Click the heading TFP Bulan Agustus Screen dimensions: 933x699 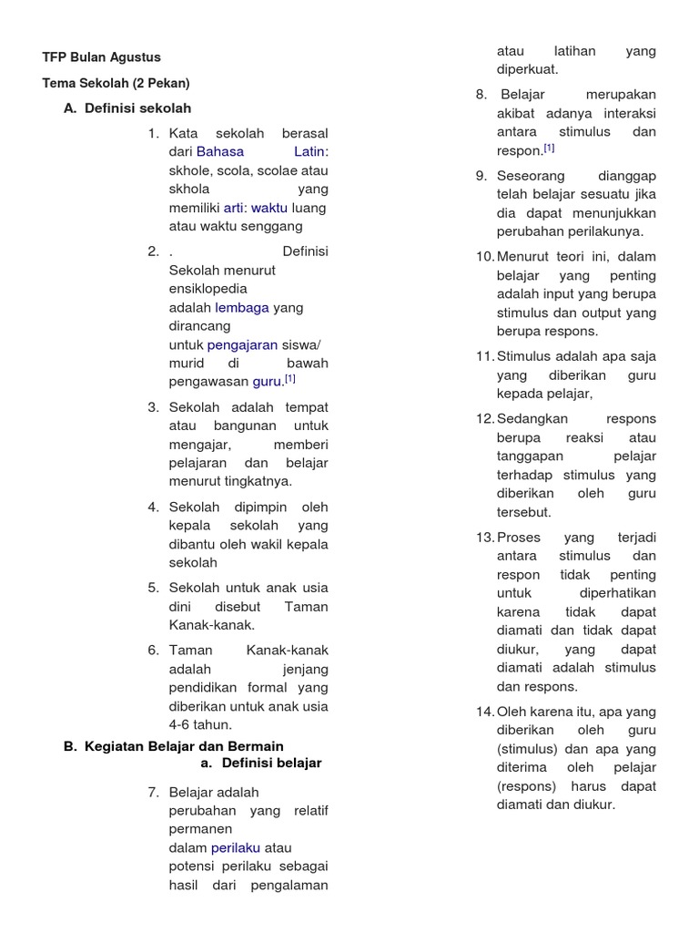101,56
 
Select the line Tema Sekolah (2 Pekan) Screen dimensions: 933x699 116,83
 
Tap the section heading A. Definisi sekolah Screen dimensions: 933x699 127,108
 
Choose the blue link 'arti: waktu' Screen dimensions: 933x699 256,208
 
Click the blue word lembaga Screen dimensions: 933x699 242,307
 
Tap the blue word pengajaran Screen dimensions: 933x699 242,344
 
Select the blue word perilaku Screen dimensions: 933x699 236,847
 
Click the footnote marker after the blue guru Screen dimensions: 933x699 289,378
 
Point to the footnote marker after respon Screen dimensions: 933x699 549,148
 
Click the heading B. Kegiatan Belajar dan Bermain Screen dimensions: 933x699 174,745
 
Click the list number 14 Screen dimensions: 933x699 484,712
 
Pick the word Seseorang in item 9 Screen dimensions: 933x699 531,175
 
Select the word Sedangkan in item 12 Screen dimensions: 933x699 532,418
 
